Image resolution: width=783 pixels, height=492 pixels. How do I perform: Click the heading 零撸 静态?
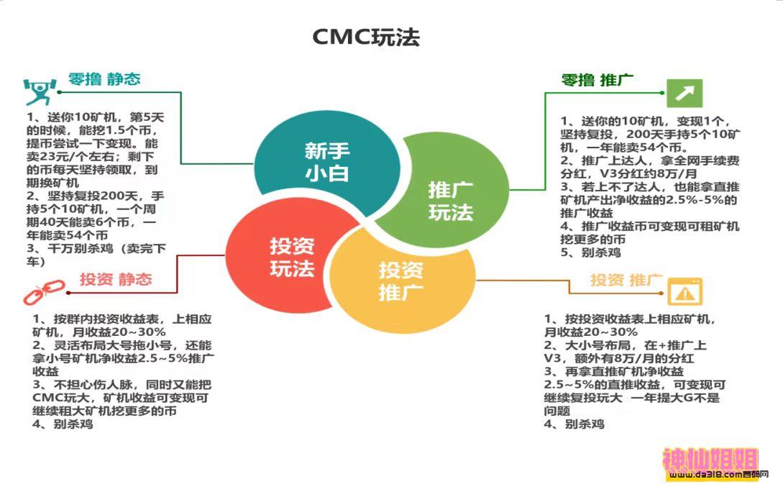click(x=104, y=79)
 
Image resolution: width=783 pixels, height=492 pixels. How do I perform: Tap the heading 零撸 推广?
click(x=596, y=80)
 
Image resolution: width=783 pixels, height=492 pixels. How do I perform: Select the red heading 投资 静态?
click(x=116, y=280)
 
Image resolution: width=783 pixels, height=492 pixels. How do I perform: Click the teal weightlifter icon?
click(x=37, y=91)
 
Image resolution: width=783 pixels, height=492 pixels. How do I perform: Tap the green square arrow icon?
click(x=684, y=93)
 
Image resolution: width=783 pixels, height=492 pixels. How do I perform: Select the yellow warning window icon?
click(x=684, y=291)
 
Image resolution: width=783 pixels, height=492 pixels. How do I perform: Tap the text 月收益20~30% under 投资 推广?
click(x=590, y=332)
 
